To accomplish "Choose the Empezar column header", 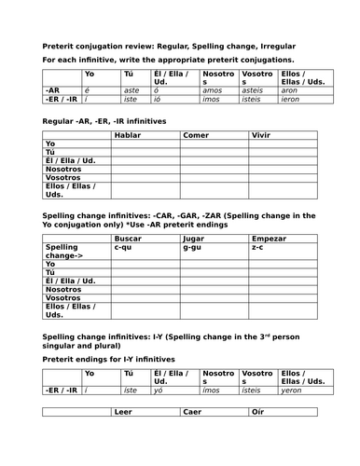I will (268, 239).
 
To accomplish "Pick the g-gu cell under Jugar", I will (192, 248).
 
